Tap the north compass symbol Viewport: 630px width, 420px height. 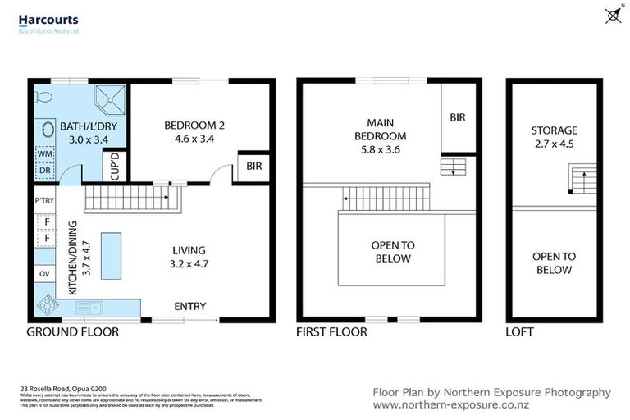(x=611, y=15)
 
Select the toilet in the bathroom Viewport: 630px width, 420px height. (x=44, y=98)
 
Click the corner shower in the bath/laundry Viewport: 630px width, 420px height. (x=109, y=98)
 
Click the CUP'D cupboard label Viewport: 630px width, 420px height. (x=115, y=167)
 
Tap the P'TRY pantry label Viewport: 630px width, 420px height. (x=43, y=200)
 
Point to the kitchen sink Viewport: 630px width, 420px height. (x=89, y=308)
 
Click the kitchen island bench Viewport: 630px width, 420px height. (x=111, y=255)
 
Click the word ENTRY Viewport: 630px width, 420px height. (x=189, y=307)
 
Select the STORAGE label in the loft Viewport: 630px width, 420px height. (x=554, y=130)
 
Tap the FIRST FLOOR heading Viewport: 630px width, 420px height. (x=331, y=332)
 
